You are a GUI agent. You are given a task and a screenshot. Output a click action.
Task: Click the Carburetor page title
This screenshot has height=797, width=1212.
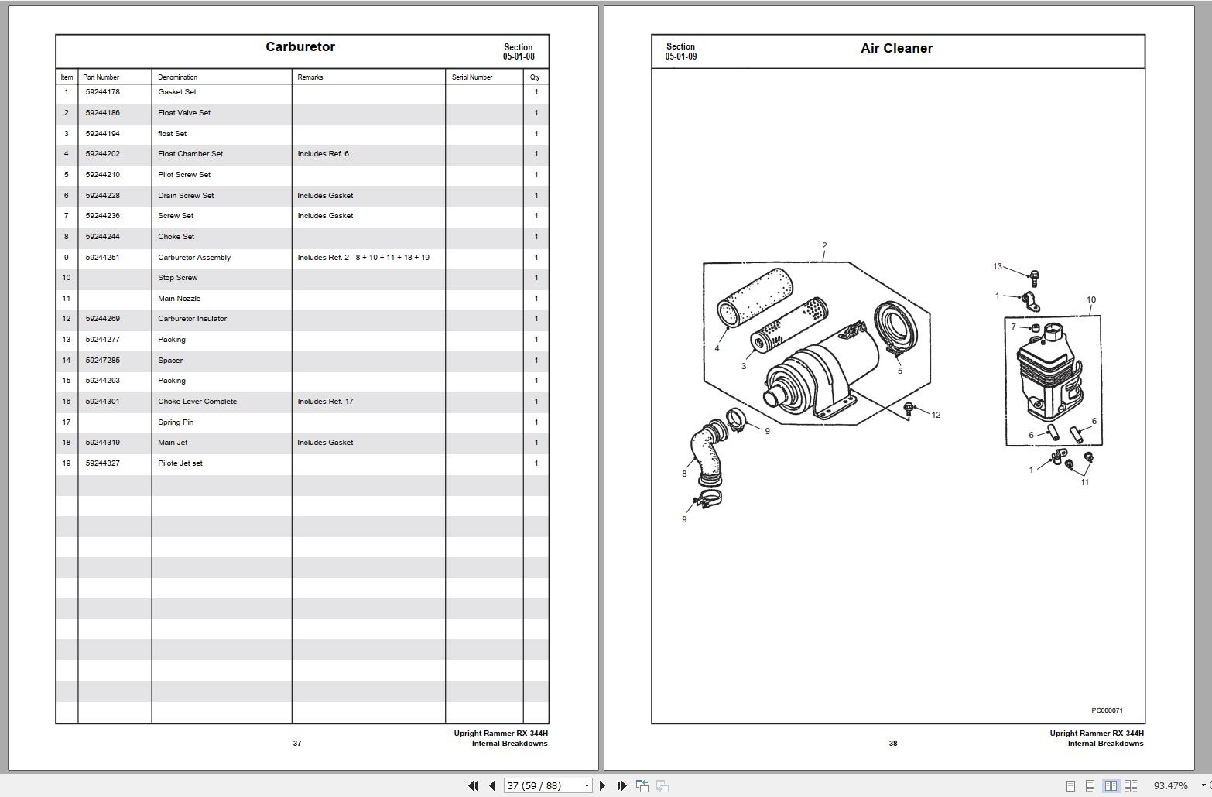(x=300, y=46)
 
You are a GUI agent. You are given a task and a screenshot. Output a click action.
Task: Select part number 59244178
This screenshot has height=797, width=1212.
(x=103, y=92)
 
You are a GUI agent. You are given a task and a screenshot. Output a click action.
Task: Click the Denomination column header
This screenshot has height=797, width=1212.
(x=177, y=77)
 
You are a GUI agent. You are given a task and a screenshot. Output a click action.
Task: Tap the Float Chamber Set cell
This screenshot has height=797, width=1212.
(x=190, y=154)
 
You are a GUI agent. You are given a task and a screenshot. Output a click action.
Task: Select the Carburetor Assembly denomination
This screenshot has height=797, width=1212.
(x=194, y=258)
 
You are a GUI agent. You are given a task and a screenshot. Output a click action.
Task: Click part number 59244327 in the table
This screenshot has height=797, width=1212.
(x=103, y=463)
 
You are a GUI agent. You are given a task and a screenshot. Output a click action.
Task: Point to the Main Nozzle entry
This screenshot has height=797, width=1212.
(x=179, y=299)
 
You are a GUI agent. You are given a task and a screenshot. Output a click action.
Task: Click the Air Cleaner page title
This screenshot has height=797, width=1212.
(x=896, y=48)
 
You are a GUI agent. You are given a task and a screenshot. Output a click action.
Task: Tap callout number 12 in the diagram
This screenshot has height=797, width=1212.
(x=936, y=416)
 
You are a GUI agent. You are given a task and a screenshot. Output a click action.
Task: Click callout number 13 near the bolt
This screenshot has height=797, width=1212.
(x=998, y=267)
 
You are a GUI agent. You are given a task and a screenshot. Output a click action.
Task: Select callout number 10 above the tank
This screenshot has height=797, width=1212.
(x=1091, y=300)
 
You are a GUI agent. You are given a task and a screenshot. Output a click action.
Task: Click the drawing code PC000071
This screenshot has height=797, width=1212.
(x=1107, y=710)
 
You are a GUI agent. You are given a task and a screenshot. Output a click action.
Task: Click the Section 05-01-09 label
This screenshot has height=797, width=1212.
(x=680, y=52)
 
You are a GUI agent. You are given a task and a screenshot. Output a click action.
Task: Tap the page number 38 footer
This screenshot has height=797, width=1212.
(x=893, y=744)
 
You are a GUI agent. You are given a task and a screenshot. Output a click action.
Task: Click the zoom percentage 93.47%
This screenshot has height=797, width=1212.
(x=1170, y=785)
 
